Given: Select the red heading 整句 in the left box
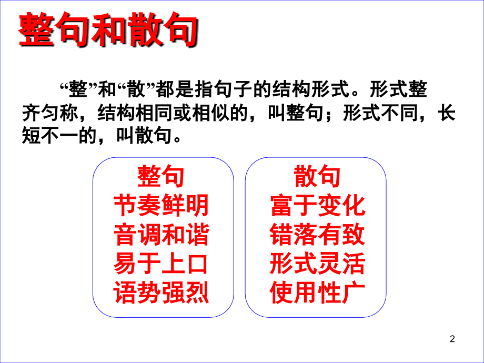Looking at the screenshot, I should point(161,177).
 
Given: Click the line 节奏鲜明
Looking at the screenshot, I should point(161,206).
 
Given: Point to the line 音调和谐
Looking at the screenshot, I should point(161,235).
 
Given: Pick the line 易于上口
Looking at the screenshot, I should point(161,264).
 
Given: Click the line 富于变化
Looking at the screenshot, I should point(317,206).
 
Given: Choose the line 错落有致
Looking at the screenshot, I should point(317,235).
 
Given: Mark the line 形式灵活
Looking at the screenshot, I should point(317,264).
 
